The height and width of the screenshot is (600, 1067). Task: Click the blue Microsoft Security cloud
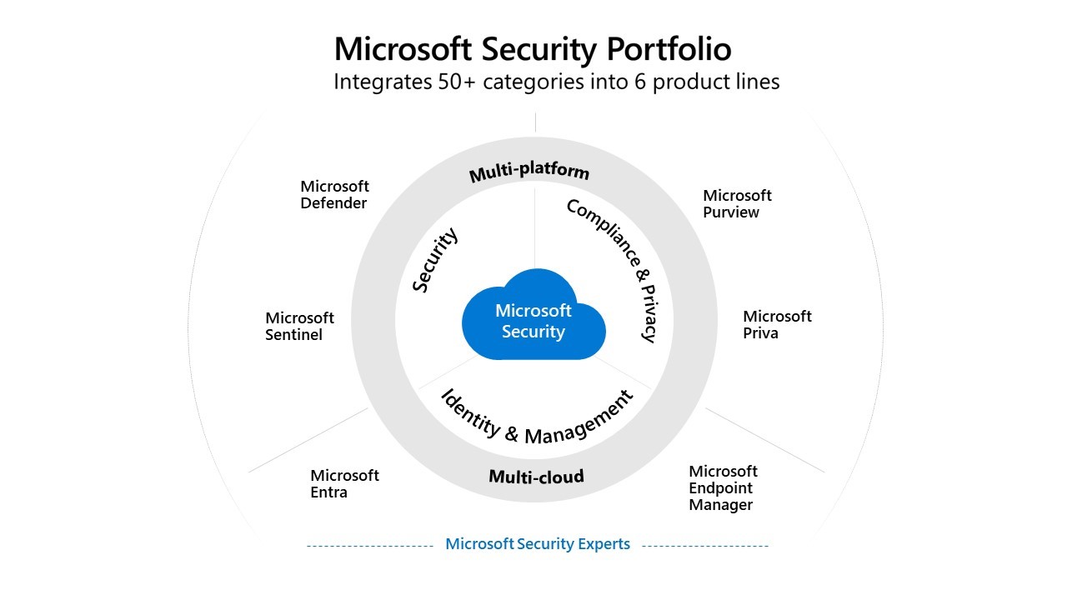click(533, 320)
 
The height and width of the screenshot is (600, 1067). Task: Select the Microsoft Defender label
click(334, 195)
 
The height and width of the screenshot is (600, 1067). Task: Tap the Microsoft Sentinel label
click(299, 326)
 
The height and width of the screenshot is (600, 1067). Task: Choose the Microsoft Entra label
click(344, 483)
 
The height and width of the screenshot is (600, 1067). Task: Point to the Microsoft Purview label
click(737, 203)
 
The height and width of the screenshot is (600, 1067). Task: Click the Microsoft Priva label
click(777, 324)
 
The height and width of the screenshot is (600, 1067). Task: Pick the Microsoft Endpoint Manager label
click(723, 487)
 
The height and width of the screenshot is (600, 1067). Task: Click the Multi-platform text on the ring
click(529, 172)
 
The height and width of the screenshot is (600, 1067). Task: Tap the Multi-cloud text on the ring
click(536, 477)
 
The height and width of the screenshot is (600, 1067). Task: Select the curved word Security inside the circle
click(435, 261)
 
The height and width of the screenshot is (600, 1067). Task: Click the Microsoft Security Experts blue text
click(538, 544)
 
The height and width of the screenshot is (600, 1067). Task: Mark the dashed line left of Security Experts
click(369, 546)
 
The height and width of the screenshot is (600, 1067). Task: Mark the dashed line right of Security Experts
click(705, 546)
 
